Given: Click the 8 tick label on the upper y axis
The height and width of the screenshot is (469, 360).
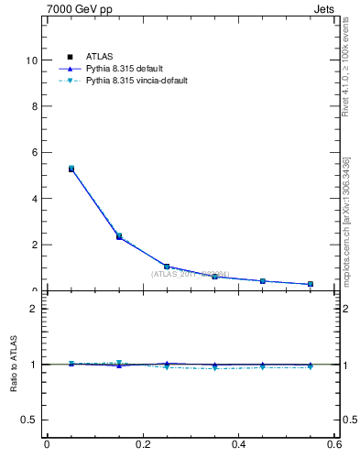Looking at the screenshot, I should pos(35,106).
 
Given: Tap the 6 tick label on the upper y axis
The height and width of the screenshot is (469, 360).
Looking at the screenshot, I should pos(35,152).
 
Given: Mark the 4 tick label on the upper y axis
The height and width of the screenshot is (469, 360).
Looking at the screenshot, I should pos(35,199).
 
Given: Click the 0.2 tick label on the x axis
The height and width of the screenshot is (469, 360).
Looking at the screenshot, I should pos(142,445).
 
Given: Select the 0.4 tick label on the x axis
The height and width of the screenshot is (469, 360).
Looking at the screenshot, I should pos(238,445).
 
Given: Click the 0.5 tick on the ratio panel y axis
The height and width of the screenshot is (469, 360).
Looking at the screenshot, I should pos(30,420).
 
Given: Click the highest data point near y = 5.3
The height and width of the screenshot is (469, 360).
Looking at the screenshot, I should pos(71,169).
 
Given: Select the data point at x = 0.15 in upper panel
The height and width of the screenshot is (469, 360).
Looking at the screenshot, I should pos(119,236).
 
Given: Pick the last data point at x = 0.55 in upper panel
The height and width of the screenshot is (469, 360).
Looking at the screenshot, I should pos(311,284).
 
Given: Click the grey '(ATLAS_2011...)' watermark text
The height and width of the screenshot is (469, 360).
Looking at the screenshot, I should pos(191,273).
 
